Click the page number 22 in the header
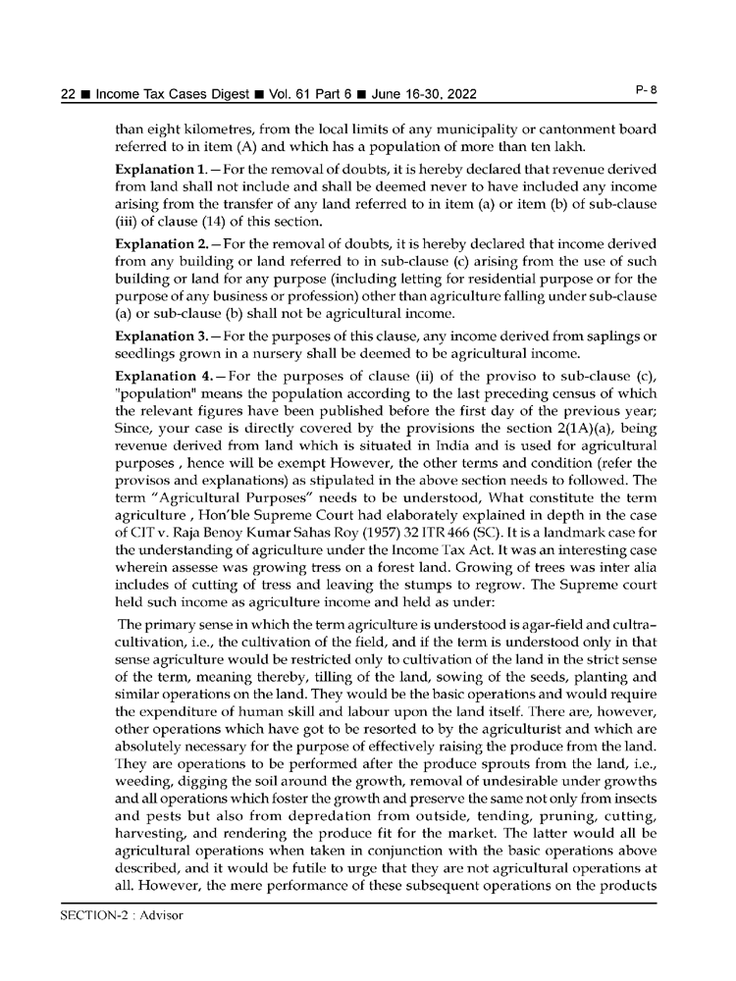[69, 94]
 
